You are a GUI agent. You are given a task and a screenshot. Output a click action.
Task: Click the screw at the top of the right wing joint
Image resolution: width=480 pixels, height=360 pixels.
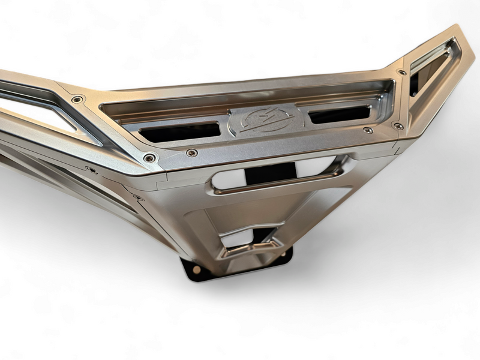click(401, 73)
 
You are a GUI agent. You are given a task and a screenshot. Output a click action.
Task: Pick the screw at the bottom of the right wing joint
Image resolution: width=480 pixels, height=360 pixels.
click(397, 125)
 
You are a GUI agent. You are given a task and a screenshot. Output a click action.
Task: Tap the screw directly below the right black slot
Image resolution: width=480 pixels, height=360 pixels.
click(368, 130)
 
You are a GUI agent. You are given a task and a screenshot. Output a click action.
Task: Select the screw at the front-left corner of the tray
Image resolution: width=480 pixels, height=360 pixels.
click(149, 158)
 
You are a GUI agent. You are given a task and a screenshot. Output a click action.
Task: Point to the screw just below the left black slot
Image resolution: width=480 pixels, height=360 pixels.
click(191, 153)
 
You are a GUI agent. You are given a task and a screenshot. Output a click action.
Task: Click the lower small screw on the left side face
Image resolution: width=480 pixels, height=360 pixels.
click(137, 197)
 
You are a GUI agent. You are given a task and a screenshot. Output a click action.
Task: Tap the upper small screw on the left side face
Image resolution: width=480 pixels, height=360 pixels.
click(91, 170)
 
